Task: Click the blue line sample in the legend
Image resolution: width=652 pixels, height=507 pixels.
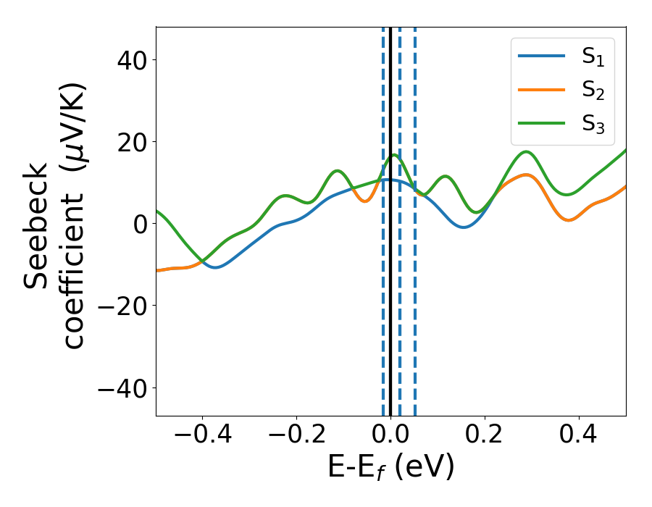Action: point(542,57)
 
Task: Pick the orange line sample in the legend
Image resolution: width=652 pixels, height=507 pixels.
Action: point(542,90)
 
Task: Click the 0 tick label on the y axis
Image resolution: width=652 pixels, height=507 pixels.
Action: point(139,224)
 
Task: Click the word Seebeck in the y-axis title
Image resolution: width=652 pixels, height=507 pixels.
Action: point(36,225)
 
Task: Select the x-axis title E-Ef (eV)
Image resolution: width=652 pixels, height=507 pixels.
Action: point(390,468)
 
